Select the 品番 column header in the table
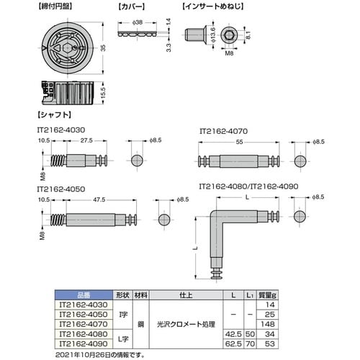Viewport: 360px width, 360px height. click(83, 294)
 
